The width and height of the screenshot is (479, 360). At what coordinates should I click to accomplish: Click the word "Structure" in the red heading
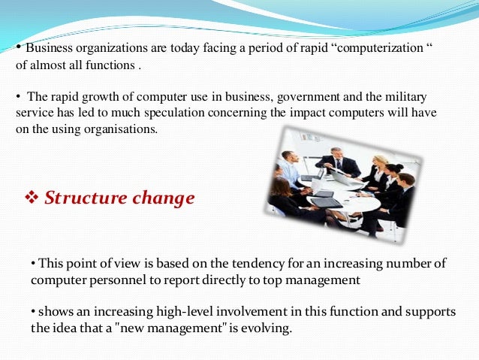pos(82,198)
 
